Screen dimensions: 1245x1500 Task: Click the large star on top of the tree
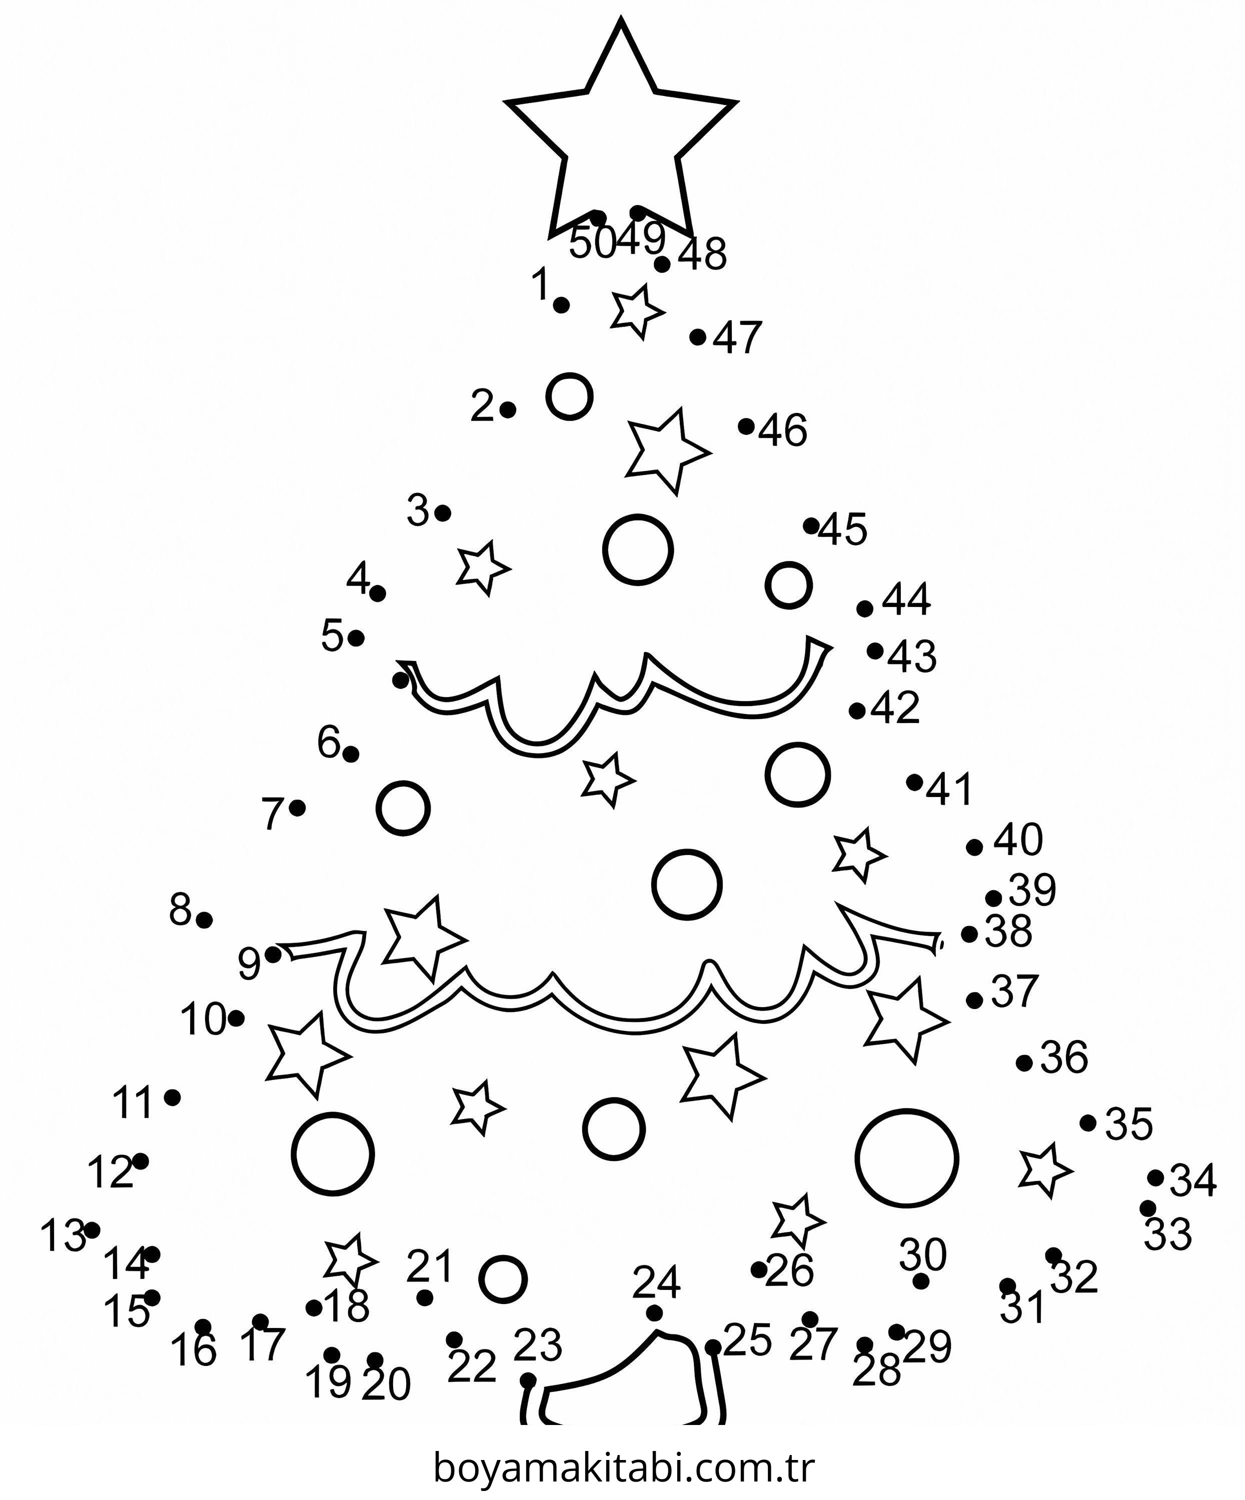(620, 128)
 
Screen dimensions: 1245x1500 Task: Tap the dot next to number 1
(562, 305)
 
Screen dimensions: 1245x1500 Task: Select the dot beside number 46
(746, 426)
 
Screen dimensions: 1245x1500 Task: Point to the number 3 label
(418, 510)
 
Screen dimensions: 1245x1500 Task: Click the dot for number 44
(865, 608)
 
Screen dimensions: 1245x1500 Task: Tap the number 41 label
(949, 789)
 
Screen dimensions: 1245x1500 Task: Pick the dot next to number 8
(205, 920)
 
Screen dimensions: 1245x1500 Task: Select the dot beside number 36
(1024, 1063)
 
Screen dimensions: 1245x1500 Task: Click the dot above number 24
(654, 1313)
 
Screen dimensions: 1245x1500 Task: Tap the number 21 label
(430, 1266)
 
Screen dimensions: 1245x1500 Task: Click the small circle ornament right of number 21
(503, 1278)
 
